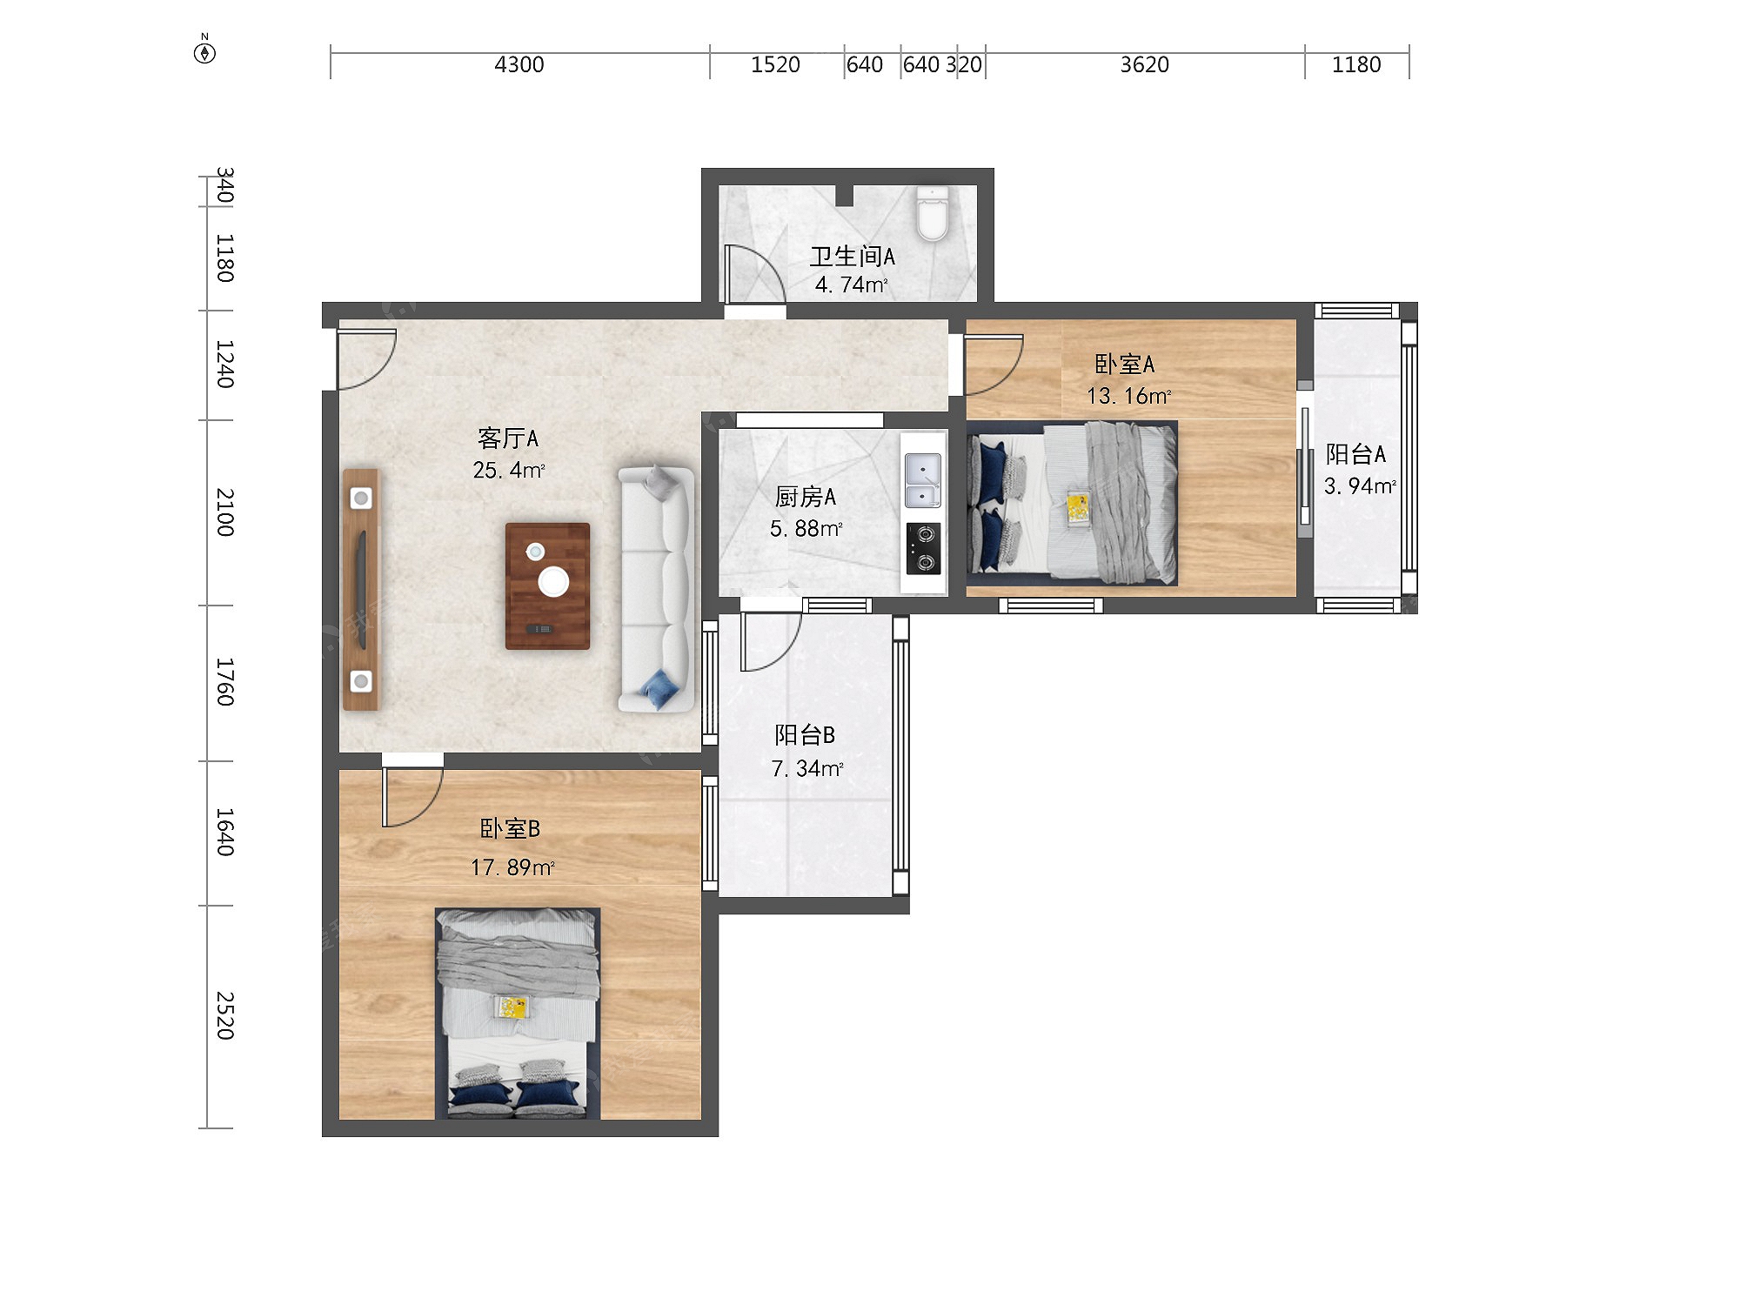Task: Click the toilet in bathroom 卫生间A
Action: click(932, 213)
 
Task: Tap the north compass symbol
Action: click(204, 50)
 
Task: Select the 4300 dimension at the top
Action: click(519, 64)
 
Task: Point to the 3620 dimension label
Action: click(1144, 64)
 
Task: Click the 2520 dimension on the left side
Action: click(224, 1015)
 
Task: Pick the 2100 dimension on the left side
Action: click(224, 512)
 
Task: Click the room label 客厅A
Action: click(508, 438)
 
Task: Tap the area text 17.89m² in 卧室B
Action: click(512, 867)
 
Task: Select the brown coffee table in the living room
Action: click(547, 586)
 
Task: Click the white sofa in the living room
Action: click(657, 589)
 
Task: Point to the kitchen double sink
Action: click(922, 480)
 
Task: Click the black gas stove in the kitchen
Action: click(923, 548)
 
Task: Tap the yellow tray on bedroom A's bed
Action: click(1077, 507)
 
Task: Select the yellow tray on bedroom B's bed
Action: click(511, 1007)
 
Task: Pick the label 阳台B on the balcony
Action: click(805, 735)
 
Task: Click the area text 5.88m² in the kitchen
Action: click(806, 528)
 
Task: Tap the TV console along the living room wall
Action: click(361, 590)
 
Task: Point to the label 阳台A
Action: click(1355, 453)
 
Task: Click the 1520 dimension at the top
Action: click(775, 64)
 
